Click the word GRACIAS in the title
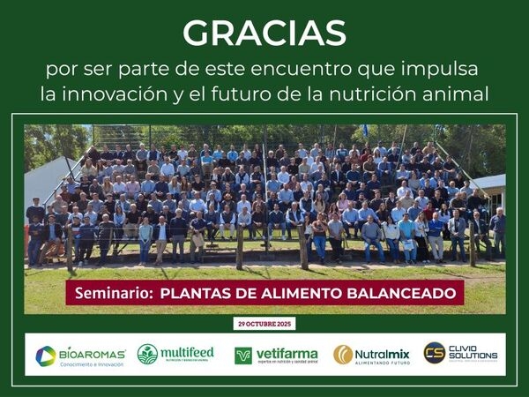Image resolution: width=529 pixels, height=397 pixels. pos(264,33)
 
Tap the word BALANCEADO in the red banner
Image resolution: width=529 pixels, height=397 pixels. pos(399,292)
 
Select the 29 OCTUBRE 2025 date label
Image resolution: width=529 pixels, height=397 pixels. pos(265,324)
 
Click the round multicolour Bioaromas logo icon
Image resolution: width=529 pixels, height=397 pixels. pos(46,355)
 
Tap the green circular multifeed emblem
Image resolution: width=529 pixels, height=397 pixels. pos(147,354)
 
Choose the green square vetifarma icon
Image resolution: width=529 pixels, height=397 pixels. pos(243,355)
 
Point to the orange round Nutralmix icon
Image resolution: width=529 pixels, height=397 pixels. pos(343,355)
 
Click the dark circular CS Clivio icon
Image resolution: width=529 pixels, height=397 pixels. pos(434,353)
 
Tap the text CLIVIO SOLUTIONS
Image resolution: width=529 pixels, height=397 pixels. pos(473,353)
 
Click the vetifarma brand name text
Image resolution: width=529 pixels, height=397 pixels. pos(287,353)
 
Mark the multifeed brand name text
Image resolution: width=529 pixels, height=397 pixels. pos(188,351)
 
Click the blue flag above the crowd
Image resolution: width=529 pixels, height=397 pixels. pos(366,130)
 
